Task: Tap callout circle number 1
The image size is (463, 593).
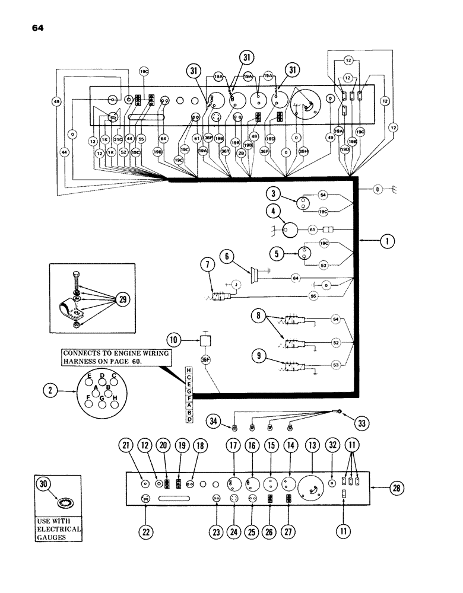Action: tap(386, 241)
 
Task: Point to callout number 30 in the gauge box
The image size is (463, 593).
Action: tap(43, 483)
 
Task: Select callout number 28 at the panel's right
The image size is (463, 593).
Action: tap(395, 489)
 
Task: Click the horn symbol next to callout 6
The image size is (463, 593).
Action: tap(256, 274)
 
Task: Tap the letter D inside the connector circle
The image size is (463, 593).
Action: tap(102, 376)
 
